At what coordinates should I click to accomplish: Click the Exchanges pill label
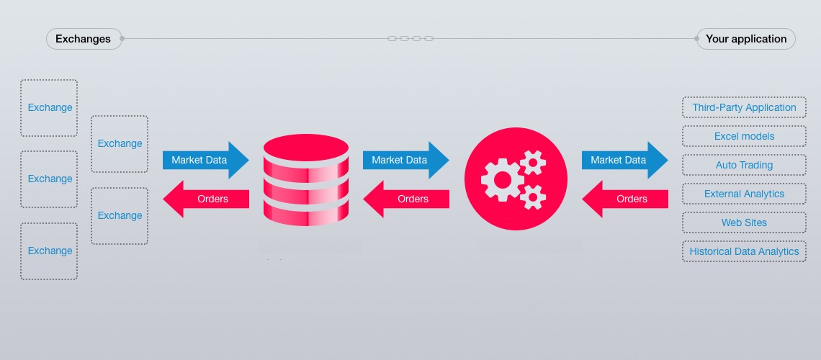point(83,39)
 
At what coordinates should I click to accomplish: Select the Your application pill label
point(746,39)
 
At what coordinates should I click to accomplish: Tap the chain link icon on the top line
point(410,38)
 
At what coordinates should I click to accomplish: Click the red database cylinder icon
point(306,180)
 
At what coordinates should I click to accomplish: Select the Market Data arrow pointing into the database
point(205,160)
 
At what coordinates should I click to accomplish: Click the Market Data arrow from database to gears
point(405,160)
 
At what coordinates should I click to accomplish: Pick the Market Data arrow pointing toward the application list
point(624,160)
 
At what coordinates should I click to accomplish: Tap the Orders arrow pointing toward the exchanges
point(206,199)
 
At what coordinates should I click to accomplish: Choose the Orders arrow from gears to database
point(406,199)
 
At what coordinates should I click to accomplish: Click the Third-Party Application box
point(744,107)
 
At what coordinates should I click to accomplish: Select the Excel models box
point(744,136)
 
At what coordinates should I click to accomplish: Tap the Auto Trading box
point(744,165)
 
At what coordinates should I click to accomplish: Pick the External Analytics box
point(744,194)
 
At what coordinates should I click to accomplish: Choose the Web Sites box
point(744,222)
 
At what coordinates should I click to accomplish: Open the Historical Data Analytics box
point(744,251)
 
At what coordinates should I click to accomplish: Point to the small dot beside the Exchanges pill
point(122,39)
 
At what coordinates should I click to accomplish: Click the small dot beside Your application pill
point(696,39)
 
